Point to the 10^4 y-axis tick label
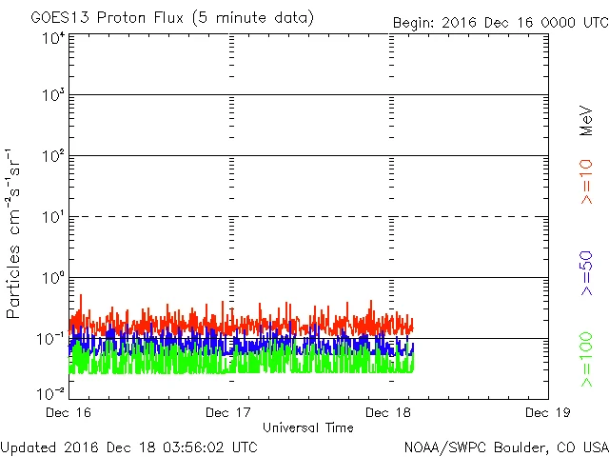coord(52,38)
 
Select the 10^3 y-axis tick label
coord(52,97)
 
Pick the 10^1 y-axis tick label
coord(52,219)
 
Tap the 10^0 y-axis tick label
coord(52,280)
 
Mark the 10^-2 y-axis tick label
coord(50,393)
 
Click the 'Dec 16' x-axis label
coord(69,412)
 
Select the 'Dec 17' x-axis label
coord(229,412)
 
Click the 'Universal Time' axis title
coord(308,427)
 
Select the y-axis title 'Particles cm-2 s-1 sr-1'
coord(16,233)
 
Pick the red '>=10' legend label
coord(587,181)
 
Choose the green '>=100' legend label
coord(587,360)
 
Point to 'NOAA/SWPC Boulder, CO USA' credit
coord(505,446)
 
